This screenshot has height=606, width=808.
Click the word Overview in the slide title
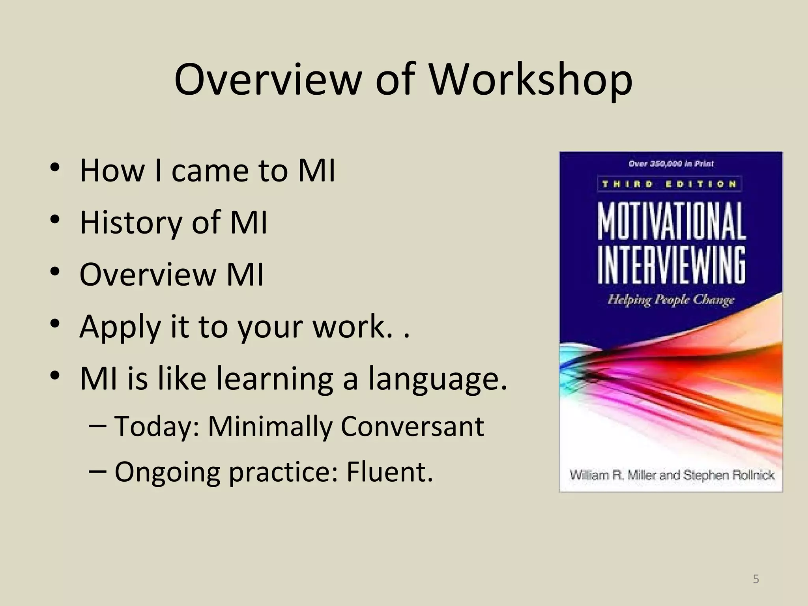pyautogui.click(x=267, y=80)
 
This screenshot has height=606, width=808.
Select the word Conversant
pyautogui.click(x=412, y=426)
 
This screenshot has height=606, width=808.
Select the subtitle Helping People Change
pyautogui.click(x=671, y=300)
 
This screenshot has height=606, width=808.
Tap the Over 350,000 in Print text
pyautogui.click(x=671, y=164)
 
